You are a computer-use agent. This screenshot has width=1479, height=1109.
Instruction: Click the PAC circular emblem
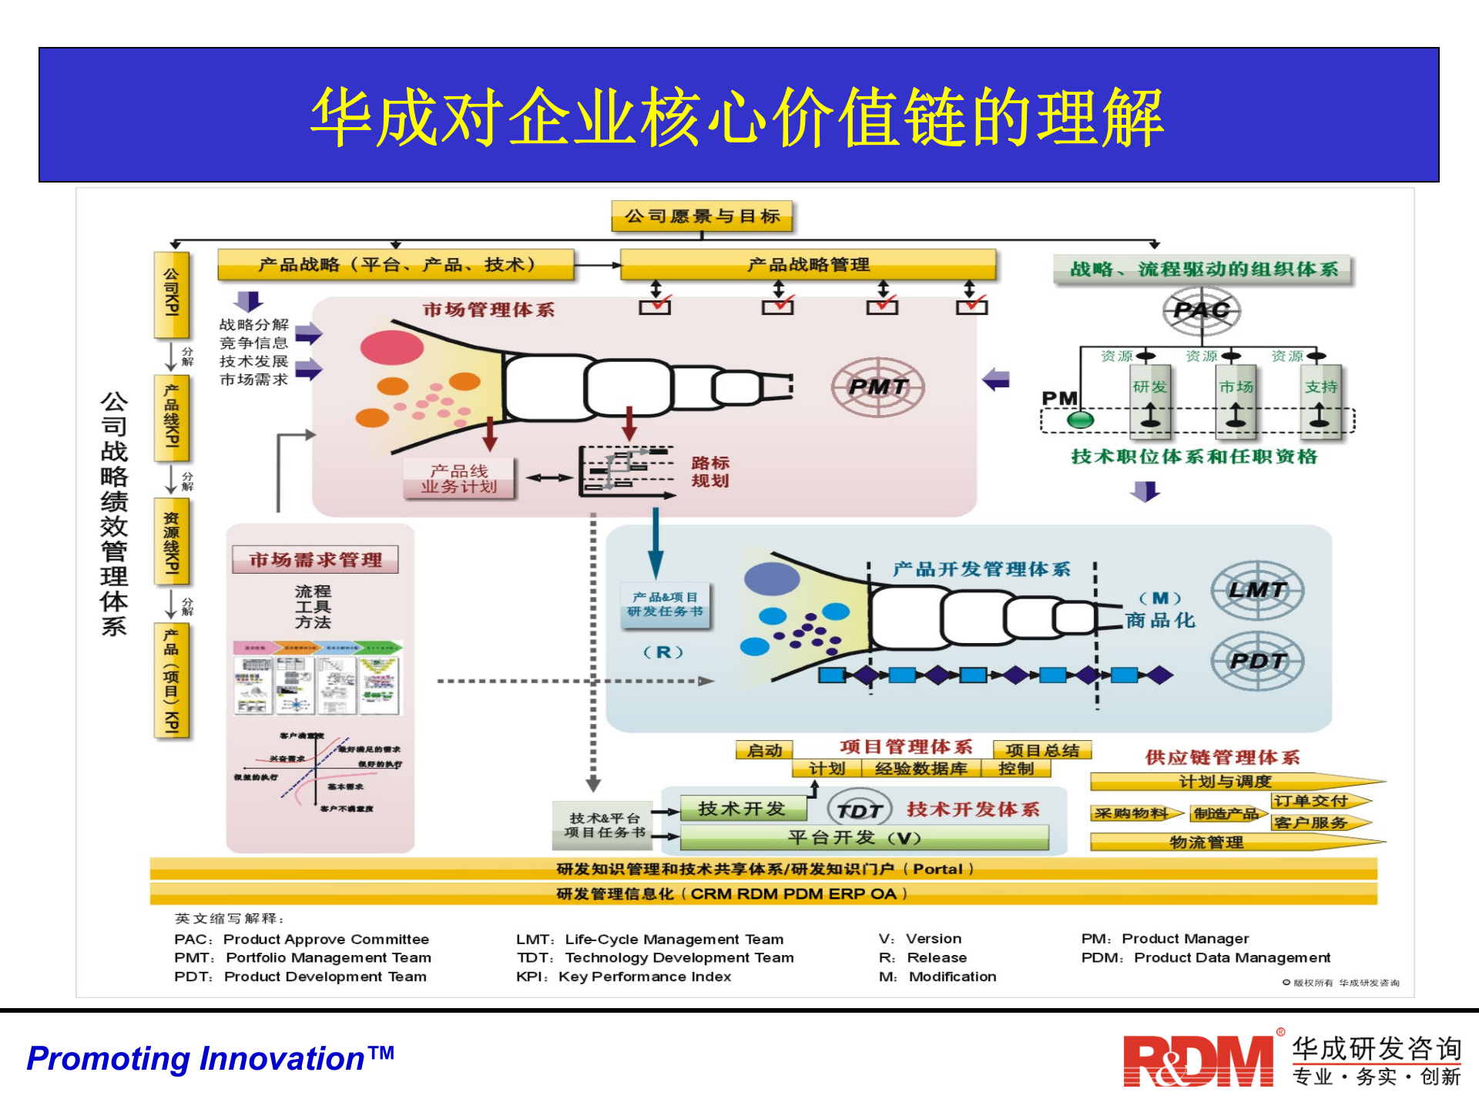pos(1201,310)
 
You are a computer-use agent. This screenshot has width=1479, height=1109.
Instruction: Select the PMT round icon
pos(877,387)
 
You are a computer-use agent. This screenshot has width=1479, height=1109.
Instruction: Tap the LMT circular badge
pos(1257,591)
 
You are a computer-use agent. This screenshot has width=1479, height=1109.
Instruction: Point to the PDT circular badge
pos(1257,661)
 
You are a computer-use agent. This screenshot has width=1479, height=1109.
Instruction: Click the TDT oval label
pos(859,810)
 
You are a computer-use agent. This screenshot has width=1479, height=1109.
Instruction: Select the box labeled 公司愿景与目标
pos(702,216)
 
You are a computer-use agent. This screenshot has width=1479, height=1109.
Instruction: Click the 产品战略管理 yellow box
pos(807,265)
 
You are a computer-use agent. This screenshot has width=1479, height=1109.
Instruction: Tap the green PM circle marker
pos(1080,420)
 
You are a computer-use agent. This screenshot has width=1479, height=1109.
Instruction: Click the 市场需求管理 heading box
pos(315,560)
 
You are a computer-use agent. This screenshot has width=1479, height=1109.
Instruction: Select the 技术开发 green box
pos(742,809)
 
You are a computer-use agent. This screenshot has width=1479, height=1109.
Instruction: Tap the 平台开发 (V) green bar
pos(864,838)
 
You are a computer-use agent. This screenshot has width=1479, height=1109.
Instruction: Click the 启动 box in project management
pos(764,750)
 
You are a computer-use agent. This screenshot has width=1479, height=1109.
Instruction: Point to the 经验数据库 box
pos(921,769)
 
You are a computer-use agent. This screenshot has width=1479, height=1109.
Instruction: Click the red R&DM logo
pos(1198,1061)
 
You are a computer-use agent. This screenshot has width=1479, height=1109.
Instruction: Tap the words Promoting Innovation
pos(210,1059)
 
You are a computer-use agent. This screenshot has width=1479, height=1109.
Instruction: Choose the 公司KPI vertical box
pos(171,294)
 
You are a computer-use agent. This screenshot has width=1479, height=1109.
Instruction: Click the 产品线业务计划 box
pos(459,478)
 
